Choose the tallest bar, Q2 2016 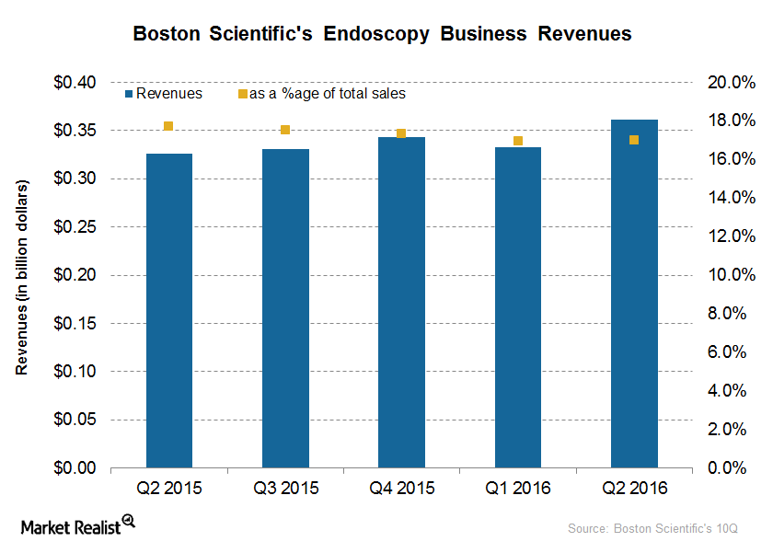tap(634, 294)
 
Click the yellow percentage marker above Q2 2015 tap(168, 126)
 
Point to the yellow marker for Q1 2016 tap(518, 141)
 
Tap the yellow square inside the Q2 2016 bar tap(634, 140)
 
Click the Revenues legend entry tap(163, 94)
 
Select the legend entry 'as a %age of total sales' tap(321, 94)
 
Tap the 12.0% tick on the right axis tap(724, 236)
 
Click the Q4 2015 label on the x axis tap(401, 488)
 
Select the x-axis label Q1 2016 tap(518, 488)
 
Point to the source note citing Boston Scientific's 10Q tap(653, 529)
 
